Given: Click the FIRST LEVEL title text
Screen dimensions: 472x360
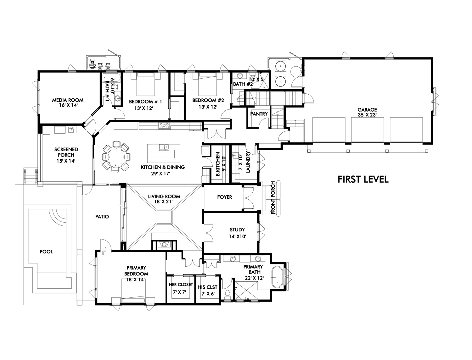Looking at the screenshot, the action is [363, 179].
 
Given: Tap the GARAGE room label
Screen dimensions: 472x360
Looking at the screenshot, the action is [367, 109].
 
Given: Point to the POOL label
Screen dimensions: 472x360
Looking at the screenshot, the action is [46, 252].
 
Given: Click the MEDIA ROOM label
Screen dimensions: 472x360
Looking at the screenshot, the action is [68, 100].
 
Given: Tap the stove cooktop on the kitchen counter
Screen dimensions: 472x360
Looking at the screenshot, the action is [164, 125].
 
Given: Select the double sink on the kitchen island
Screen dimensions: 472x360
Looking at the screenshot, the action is [164, 147].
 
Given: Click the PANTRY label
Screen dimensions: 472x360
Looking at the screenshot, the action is [259, 114].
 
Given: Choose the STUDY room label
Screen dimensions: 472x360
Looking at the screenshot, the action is [237, 230].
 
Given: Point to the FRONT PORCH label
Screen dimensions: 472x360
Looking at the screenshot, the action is [273, 198].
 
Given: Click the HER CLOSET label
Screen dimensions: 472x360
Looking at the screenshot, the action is [181, 285].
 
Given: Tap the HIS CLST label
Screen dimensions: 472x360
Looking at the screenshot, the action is [207, 287].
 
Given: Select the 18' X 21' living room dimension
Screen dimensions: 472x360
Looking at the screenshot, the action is [164, 202].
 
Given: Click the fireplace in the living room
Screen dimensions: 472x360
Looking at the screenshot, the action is [164, 244].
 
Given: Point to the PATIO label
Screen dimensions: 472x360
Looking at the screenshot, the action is [102, 217].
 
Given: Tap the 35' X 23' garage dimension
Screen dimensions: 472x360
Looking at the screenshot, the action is [367, 115].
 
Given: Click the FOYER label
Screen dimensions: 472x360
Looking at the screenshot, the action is [224, 197].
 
